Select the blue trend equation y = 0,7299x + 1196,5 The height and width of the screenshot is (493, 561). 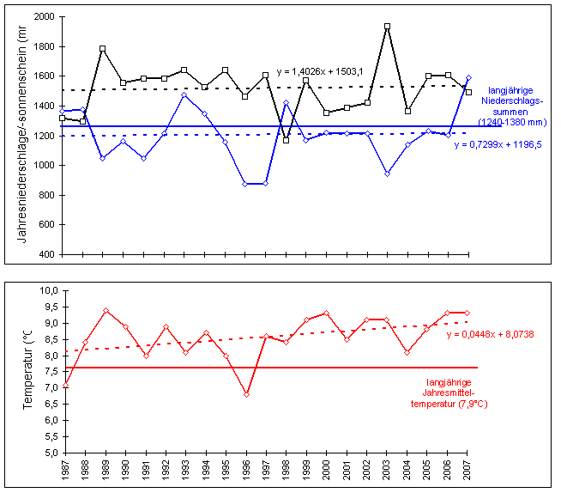495,144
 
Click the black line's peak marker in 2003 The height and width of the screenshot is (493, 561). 387,27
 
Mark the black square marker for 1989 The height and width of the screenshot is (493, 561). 103,49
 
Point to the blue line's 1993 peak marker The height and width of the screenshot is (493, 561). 184,94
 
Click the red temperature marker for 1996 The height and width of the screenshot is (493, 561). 245,394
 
